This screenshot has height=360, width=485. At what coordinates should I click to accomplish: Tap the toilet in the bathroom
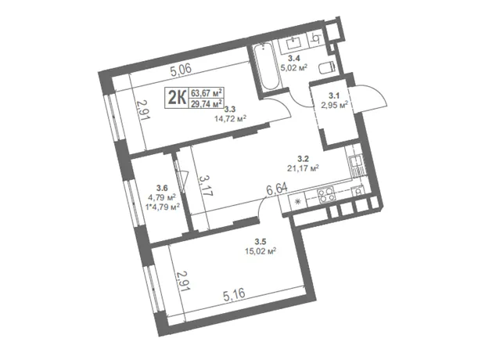click(326, 67)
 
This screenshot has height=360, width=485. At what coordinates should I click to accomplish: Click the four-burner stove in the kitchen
click(326, 194)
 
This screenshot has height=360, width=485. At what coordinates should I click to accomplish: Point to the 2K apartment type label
click(177, 97)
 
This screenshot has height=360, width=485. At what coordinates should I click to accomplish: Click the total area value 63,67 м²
click(207, 92)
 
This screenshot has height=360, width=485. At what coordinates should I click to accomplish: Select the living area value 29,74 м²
click(207, 103)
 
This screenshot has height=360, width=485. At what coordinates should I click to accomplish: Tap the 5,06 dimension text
click(181, 68)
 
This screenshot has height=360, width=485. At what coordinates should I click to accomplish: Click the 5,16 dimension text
click(234, 293)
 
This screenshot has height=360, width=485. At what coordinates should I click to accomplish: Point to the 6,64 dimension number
click(277, 189)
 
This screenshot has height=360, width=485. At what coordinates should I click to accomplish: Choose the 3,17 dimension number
click(206, 185)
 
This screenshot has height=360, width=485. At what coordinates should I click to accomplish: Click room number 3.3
click(230, 109)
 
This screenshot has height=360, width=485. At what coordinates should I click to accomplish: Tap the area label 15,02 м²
click(260, 250)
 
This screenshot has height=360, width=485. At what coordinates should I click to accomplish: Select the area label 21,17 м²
click(304, 168)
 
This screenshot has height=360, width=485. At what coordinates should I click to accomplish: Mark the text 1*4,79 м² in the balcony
click(163, 207)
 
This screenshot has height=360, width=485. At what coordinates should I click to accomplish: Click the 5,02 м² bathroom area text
click(293, 67)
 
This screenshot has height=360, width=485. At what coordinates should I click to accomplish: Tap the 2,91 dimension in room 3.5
click(183, 281)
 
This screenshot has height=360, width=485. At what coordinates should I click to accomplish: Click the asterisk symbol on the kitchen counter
click(297, 202)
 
